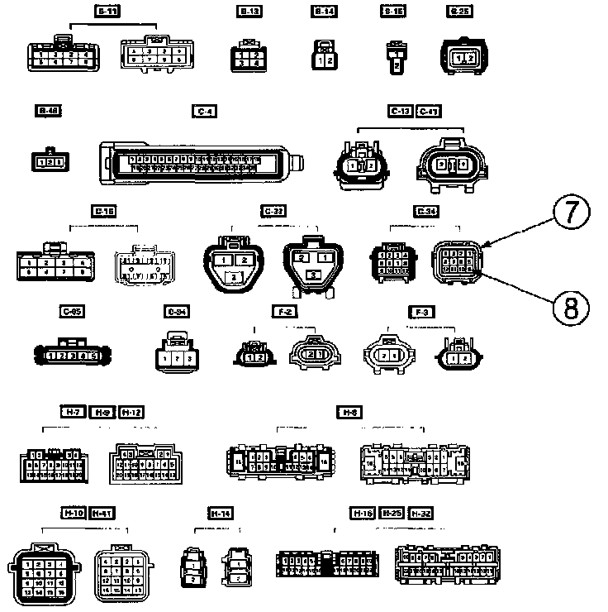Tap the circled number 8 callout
coord(572,308)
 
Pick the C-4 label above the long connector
coord(203,111)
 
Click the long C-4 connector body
coord(198,161)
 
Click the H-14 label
coord(220,514)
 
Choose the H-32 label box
coord(421,514)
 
